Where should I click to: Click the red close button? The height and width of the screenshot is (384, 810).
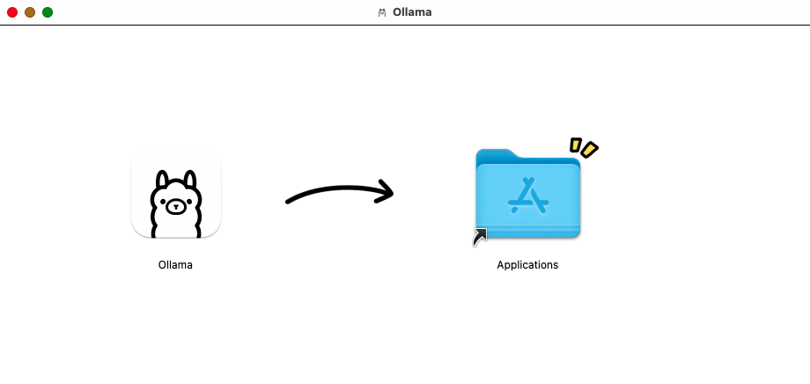coord(12,12)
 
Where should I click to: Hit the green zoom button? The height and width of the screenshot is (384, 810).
coord(48,12)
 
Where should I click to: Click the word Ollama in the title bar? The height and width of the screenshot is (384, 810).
coord(412,12)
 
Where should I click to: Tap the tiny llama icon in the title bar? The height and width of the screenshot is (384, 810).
coord(382,12)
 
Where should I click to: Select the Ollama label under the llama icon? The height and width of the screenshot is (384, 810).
coord(175,264)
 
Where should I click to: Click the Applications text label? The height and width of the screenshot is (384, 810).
coord(527,264)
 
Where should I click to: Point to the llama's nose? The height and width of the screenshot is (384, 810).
coord(176,208)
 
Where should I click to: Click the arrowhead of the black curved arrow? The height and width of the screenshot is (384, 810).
coord(386,191)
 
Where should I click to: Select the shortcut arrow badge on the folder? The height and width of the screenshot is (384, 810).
coord(480,235)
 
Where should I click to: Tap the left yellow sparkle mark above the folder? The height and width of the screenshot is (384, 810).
coord(575,144)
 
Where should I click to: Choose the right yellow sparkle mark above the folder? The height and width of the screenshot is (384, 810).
coord(589,151)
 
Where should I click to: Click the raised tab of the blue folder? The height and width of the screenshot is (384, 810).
coord(495,154)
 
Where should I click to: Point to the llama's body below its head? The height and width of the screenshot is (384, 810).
coord(176,229)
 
